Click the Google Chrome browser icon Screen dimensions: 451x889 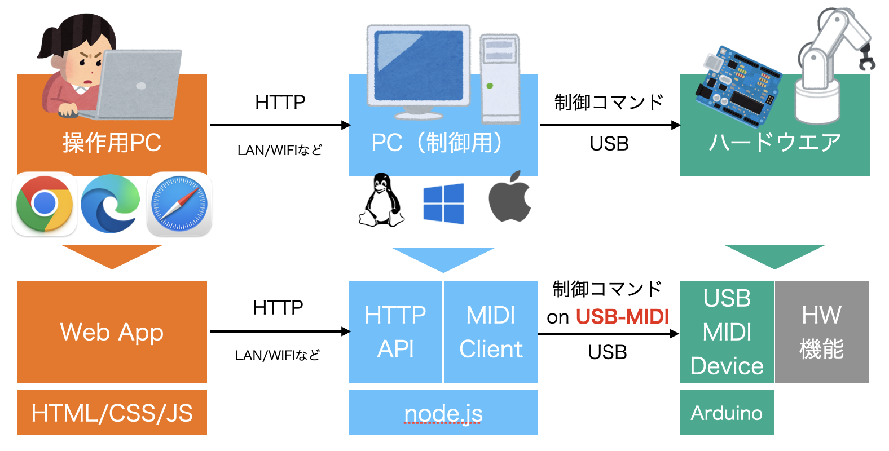(x=45, y=204)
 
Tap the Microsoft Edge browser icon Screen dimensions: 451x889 (x=111, y=204)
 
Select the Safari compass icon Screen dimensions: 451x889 (x=179, y=204)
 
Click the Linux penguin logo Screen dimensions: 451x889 (x=382, y=201)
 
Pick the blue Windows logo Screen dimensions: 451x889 (x=443, y=204)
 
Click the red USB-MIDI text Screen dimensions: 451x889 (x=622, y=317)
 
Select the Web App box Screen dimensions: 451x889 (x=112, y=331)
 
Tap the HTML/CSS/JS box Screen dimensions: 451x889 (x=112, y=413)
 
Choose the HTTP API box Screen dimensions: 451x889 (x=395, y=331)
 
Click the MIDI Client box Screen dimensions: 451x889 (x=491, y=331)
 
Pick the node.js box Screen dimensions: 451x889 (x=443, y=413)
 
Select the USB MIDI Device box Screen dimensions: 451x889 (x=727, y=331)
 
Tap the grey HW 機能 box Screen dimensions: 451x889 (x=821, y=331)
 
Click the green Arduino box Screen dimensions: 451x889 (x=727, y=413)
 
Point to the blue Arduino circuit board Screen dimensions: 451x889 (x=736, y=85)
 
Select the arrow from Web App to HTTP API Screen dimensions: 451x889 (x=279, y=331)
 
